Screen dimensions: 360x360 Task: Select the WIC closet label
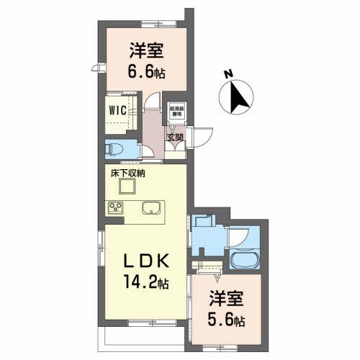click(x=117, y=110)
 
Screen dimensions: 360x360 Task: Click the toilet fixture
click(x=114, y=148)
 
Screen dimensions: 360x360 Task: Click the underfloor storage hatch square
click(x=127, y=187)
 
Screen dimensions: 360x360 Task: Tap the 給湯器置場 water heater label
click(x=175, y=112)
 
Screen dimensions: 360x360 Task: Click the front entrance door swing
click(x=202, y=137)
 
